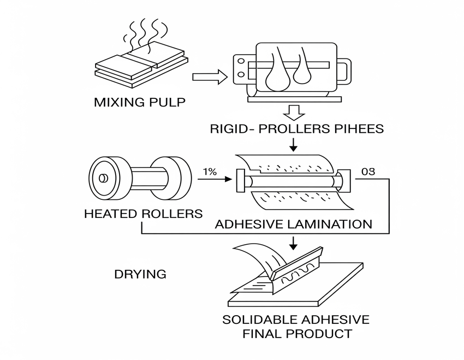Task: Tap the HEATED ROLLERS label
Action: [143, 214]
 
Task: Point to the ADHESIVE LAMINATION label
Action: [294, 225]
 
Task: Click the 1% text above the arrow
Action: [210, 172]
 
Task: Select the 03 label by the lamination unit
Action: [368, 172]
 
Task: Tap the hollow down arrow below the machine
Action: [294, 113]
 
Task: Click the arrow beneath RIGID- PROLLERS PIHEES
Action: [294, 145]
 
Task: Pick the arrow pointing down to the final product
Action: [294, 241]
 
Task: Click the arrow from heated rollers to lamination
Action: [216, 179]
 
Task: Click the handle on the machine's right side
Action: [344, 74]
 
